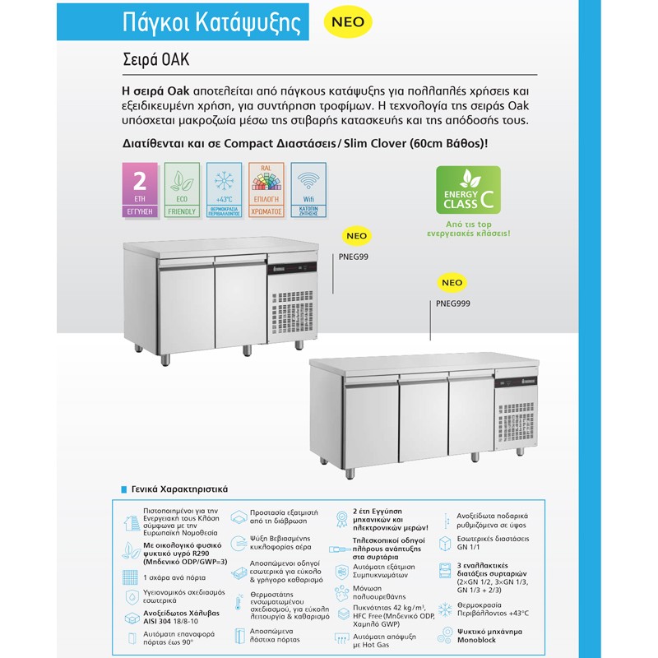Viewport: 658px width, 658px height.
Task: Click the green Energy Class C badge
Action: coord(467,191)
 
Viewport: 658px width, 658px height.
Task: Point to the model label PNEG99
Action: coord(353,256)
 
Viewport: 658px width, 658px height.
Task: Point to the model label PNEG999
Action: coord(453,303)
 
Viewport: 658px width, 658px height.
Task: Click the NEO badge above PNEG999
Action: coord(452,282)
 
